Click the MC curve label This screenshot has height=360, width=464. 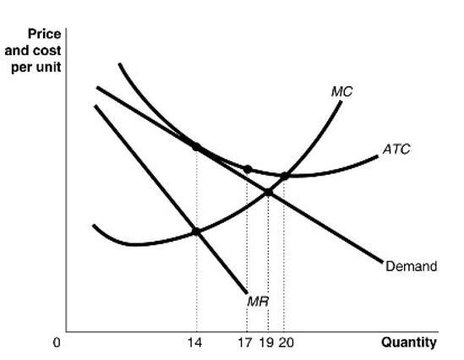341,90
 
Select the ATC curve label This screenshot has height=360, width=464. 396,149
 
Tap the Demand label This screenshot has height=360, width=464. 411,267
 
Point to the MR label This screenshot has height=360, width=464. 258,300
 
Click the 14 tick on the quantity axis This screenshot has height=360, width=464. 196,343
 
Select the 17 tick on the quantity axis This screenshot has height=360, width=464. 246,343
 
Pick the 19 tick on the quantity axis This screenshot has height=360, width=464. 267,343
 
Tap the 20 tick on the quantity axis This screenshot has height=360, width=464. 286,343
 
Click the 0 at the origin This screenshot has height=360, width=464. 57,343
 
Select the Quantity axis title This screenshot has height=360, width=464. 409,342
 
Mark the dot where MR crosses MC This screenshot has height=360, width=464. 196,231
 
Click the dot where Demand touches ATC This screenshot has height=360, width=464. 196,146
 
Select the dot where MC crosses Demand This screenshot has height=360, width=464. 268,192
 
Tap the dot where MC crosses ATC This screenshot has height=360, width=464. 285,176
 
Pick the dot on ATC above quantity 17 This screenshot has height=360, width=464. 248,169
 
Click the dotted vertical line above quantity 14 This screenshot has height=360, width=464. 196,279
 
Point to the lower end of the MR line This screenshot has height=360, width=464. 246,292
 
